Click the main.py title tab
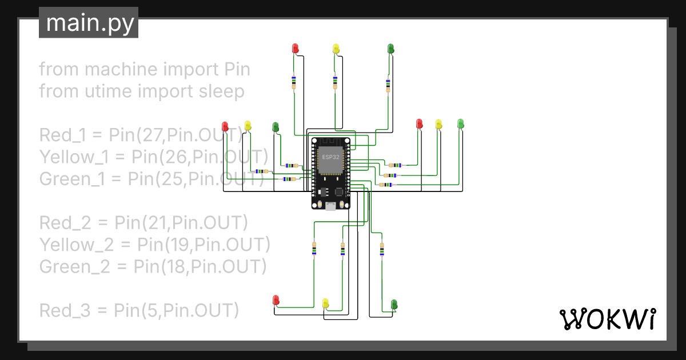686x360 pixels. point(89,23)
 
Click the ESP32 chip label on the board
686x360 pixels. point(330,157)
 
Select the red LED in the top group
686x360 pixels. point(296,48)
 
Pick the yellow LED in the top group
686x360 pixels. point(336,49)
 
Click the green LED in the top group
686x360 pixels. point(391,49)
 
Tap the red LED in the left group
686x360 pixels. point(225,126)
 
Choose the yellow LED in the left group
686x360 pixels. point(248,125)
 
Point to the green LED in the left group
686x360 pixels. point(276,126)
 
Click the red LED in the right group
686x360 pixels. point(419,123)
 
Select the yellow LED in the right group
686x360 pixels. point(438,123)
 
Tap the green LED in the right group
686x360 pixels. point(461,123)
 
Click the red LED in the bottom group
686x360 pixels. point(276,299)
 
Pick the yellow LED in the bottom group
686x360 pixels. point(325,302)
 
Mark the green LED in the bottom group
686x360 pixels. point(394,303)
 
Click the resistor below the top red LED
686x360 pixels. point(294,82)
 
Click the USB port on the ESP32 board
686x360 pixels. point(330,206)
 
